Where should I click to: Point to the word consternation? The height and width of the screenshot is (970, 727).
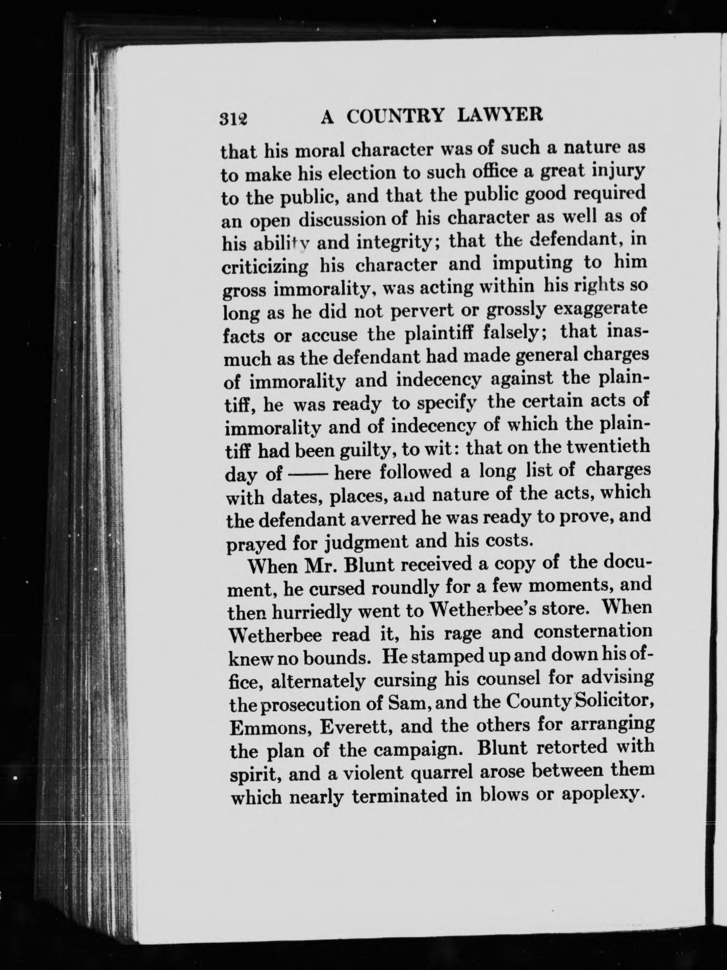pos(593,632)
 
